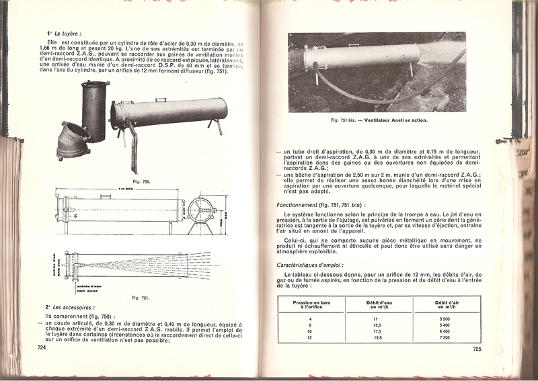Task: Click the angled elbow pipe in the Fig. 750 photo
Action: pyautogui.click(x=73, y=141)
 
